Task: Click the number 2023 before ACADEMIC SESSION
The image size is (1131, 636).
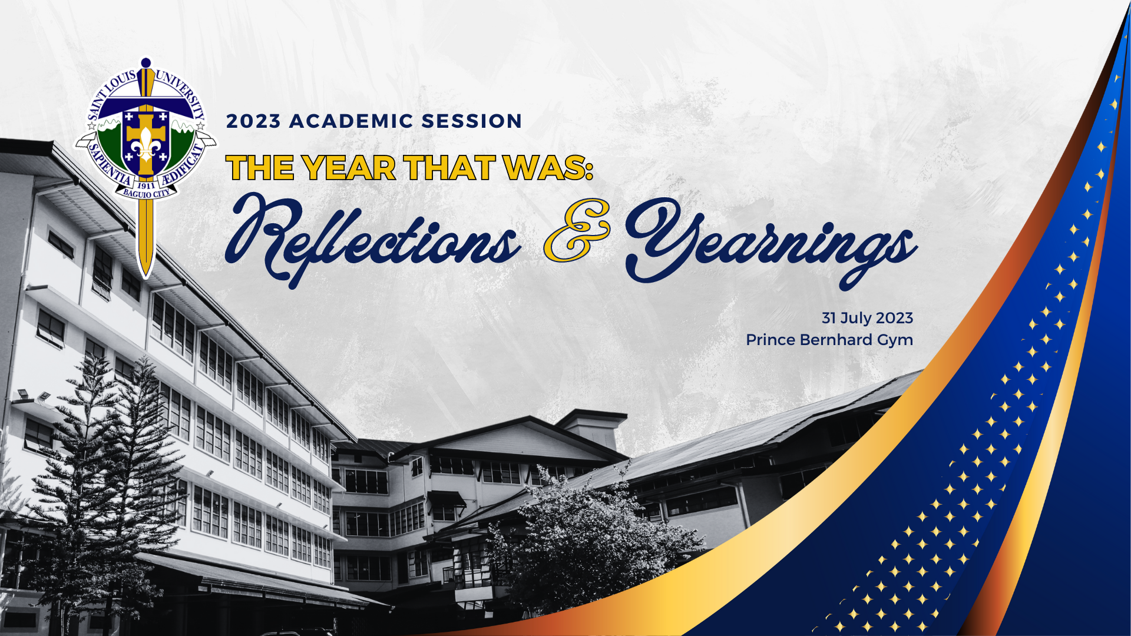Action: coord(253,121)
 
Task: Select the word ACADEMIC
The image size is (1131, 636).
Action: coord(351,121)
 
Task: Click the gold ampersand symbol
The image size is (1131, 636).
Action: coord(576,231)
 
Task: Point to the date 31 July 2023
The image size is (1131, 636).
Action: coord(867,318)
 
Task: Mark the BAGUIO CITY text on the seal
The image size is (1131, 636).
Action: coord(146,193)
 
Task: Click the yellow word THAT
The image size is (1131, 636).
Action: coord(449,168)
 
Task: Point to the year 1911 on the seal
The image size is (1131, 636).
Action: coord(146,185)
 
